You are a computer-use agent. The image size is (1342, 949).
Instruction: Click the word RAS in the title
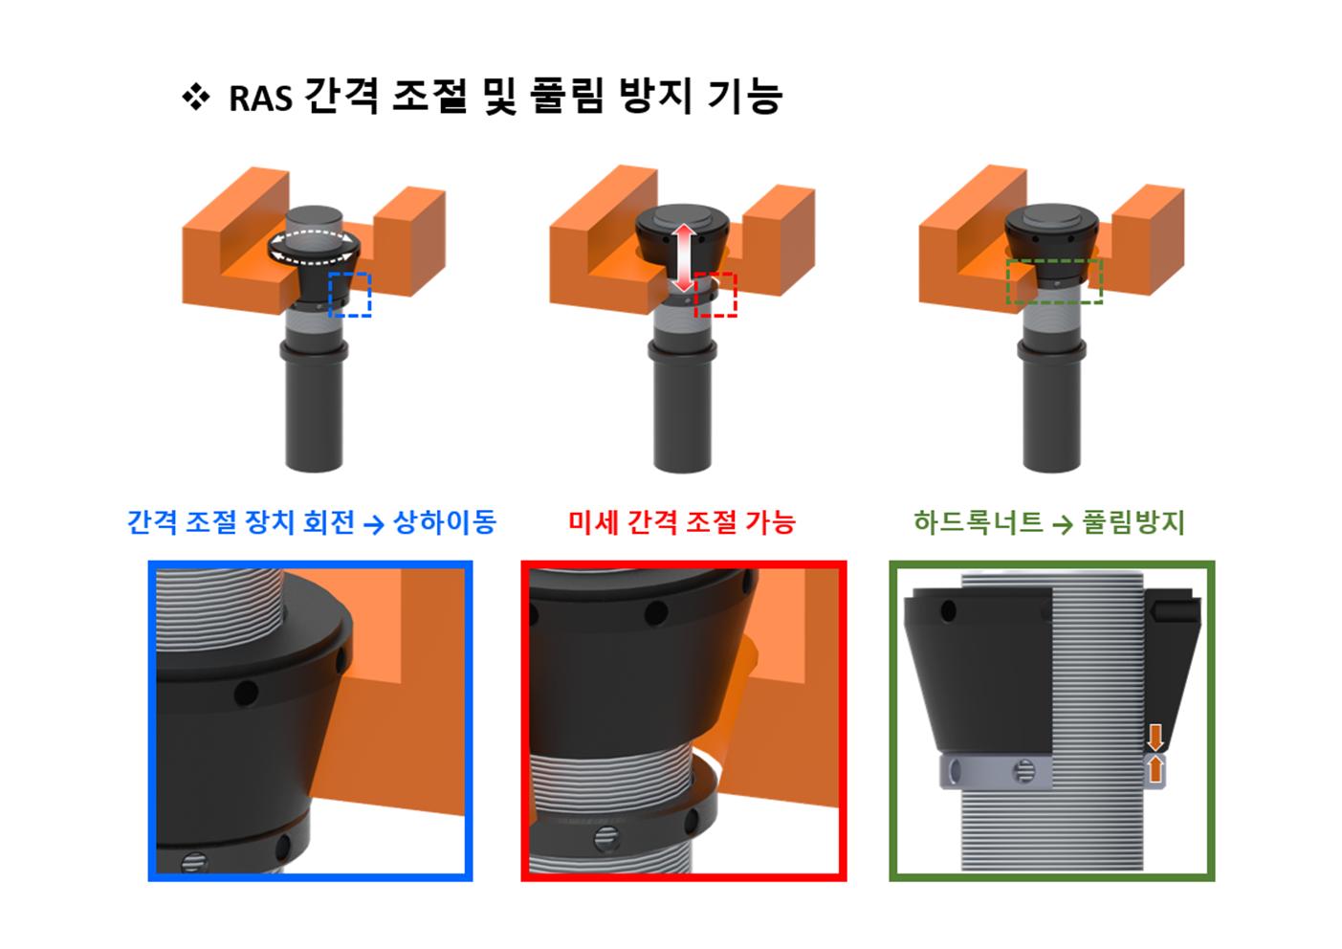pyautogui.click(x=259, y=99)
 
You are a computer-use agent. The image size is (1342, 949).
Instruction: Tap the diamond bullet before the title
pyautogui.click(x=195, y=97)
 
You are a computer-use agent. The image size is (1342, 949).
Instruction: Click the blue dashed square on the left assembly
pyautogui.click(x=349, y=294)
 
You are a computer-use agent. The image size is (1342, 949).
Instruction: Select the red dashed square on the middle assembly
pyautogui.click(x=715, y=295)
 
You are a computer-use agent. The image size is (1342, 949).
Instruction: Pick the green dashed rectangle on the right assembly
pyautogui.click(x=1054, y=280)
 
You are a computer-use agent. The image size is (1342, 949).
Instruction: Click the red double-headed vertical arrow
pyautogui.click(x=682, y=256)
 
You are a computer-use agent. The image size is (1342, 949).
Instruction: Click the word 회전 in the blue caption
pyautogui.click(x=328, y=522)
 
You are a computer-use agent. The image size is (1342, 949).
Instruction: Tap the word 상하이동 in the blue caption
pyautogui.click(x=445, y=522)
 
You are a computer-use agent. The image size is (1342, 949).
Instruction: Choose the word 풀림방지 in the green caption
pyautogui.click(x=1133, y=522)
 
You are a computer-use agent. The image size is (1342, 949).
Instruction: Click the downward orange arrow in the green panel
pyautogui.click(x=1155, y=737)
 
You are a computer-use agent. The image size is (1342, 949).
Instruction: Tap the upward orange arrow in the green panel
pyautogui.click(x=1155, y=767)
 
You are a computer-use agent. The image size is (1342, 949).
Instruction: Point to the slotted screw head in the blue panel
pyautogui.click(x=190, y=863)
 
